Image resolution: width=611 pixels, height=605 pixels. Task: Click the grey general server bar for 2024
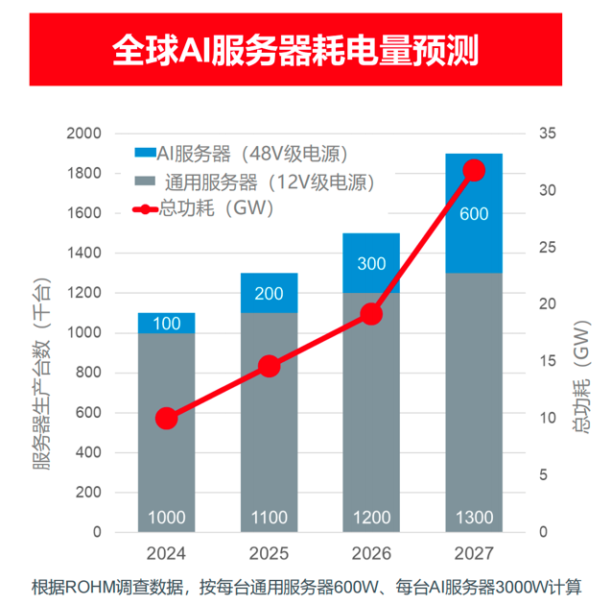pyautogui.click(x=166, y=432)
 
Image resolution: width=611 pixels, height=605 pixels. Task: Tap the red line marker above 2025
pyautogui.click(x=270, y=367)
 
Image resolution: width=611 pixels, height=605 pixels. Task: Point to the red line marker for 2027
pyautogui.click(x=474, y=171)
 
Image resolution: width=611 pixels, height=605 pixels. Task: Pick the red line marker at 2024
pyautogui.click(x=166, y=419)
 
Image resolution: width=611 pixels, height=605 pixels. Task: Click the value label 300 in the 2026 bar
pyautogui.click(x=371, y=263)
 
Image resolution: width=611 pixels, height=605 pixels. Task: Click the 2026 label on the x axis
pyautogui.click(x=371, y=555)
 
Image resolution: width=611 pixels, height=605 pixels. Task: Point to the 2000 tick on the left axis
pyautogui.click(x=83, y=133)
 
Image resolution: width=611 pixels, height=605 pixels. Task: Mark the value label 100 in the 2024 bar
pyautogui.click(x=166, y=324)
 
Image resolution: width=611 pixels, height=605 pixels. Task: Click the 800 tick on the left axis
pyautogui.click(x=87, y=373)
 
